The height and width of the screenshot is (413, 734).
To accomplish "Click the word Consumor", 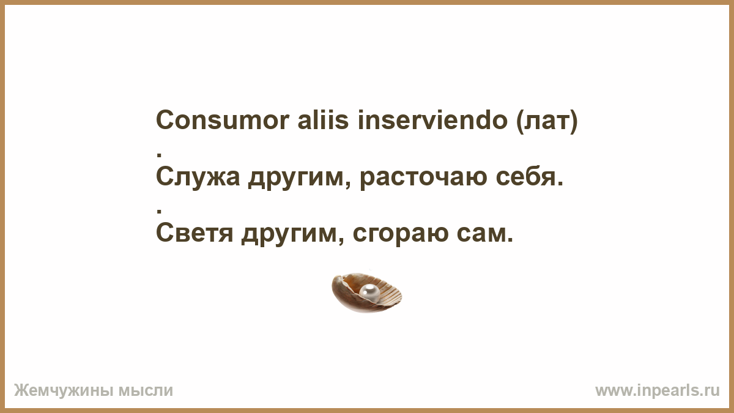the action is point(223,120).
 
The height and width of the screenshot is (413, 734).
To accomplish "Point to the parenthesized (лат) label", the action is point(547,121).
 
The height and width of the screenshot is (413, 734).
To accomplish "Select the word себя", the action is point(530,177).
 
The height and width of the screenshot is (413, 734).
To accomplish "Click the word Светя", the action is point(195,233).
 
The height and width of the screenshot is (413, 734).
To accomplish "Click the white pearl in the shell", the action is point(369,292).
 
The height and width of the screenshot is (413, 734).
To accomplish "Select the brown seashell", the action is point(366,292).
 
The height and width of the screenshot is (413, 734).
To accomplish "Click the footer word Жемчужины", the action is point(64,391).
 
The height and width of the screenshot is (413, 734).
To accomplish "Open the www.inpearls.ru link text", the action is point(658,391).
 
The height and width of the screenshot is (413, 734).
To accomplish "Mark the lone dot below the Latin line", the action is point(159,155).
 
